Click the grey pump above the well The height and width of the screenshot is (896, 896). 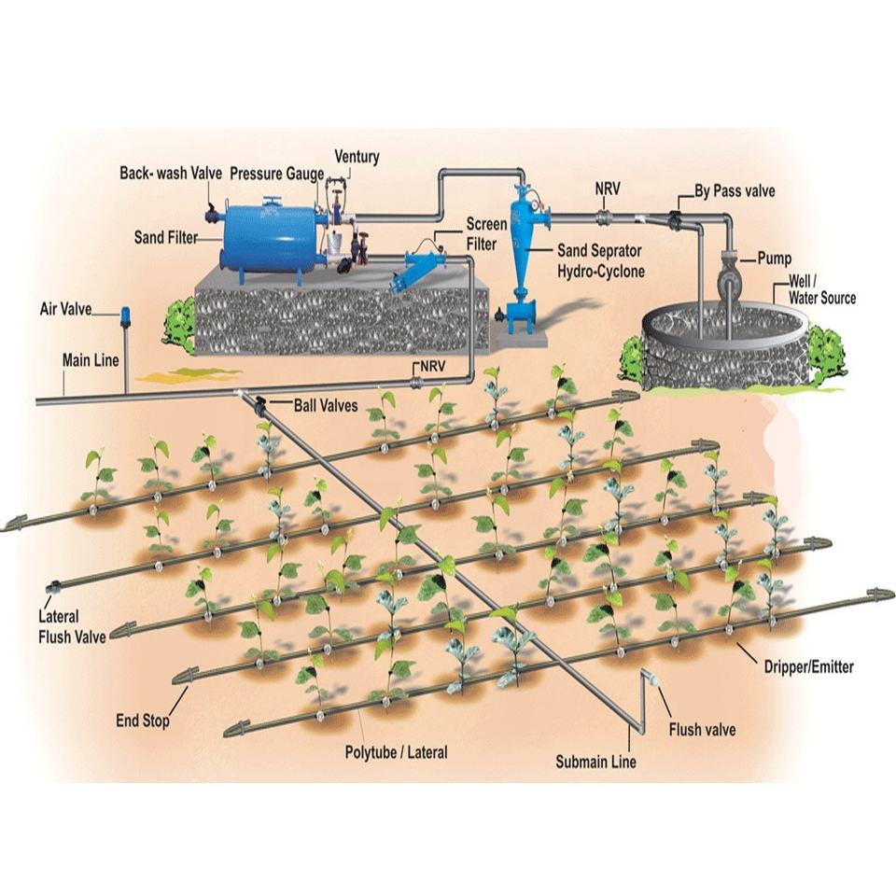pos(729,276)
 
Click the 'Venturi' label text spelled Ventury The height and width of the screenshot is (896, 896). pos(357,157)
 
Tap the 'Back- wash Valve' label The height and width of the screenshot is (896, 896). pos(171,174)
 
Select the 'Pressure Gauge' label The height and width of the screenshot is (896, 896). pos(277,174)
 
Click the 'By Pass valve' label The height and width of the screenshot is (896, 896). pos(735,190)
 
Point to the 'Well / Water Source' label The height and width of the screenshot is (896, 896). pos(821,289)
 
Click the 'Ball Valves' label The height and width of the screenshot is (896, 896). pos(326,406)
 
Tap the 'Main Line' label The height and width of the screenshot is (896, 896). pos(91,360)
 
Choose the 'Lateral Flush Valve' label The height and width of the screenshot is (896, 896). pos(72,627)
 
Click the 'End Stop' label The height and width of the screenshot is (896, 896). pos(143,721)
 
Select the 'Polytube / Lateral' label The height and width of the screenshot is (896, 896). pos(396,752)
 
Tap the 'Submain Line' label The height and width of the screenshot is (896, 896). pos(596,762)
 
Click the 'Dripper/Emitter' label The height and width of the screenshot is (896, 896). pos(808,666)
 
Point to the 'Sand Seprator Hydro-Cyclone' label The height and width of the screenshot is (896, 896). pos(600,260)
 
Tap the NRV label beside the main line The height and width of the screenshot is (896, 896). pos(432,366)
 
